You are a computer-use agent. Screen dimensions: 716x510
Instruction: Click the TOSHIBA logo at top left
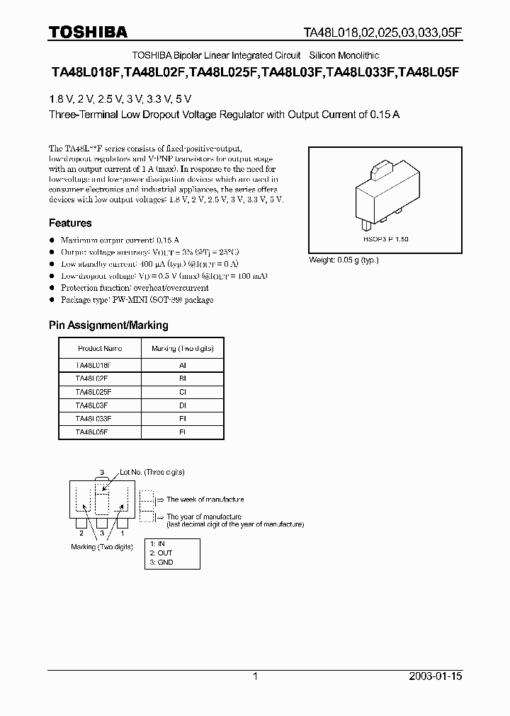click(88, 32)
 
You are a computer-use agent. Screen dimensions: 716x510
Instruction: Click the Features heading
click(70, 223)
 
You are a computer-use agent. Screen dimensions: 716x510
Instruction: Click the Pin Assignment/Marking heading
click(108, 325)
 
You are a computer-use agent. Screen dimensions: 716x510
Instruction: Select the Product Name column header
click(99, 348)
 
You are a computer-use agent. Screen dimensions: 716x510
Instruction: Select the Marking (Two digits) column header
click(182, 348)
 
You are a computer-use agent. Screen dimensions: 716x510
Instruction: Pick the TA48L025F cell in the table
click(93, 391)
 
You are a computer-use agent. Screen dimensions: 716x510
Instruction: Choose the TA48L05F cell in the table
click(91, 431)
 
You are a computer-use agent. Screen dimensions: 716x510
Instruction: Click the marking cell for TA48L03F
click(182, 405)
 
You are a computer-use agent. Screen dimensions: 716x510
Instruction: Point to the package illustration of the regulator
click(385, 195)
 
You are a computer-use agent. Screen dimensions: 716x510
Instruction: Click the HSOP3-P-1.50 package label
click(385, 240)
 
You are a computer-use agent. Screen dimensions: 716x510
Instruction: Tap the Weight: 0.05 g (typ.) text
click(344, 260)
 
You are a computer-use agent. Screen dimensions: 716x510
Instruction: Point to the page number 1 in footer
click(255, 676)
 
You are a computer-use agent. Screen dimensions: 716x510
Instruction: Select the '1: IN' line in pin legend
click(157, 543)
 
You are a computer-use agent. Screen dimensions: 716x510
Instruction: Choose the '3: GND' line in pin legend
click(161, 562)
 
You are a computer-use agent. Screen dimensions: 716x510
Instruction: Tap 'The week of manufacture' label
click(205, 499)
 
